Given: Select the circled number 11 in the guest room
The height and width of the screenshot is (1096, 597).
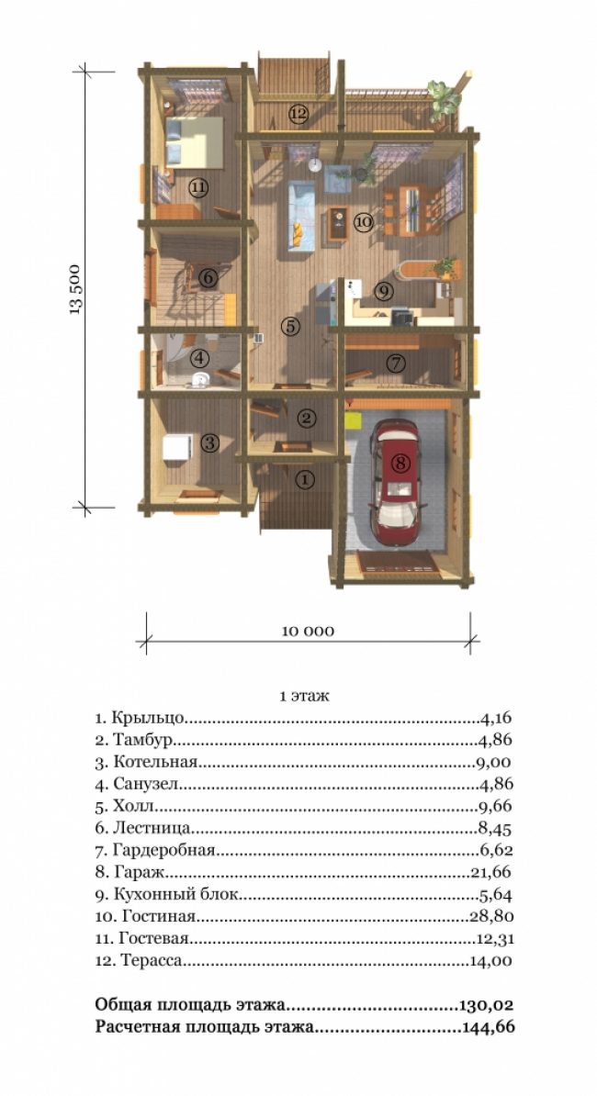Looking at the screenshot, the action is click(x=198, y=187).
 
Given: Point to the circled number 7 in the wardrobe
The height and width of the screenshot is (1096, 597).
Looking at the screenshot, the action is click(x=396, y=363).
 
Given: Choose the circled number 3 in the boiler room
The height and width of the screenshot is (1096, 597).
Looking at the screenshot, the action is click(x=209, y=442).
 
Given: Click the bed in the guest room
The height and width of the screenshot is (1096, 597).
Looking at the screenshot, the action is click(x=195, y=142).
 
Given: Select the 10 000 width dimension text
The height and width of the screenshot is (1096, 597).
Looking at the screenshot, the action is click(x=308, y=632).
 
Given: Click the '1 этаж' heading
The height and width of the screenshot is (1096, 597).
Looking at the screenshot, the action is click(x=304, y=696).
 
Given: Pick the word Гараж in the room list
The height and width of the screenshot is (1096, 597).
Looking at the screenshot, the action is click(x=138, y=872).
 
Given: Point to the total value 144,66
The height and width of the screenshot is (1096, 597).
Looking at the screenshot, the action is click(x=489, y=1027).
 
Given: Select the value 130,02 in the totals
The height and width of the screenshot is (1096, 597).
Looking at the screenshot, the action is click(x=487, y=1005).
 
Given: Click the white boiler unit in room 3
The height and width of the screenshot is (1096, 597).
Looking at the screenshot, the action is click(x=177, y=447).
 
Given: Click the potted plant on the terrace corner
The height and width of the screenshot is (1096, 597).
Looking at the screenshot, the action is click(x=444, y=101).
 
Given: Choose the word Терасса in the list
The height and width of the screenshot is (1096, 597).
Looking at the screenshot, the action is click(x=152, y=960).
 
